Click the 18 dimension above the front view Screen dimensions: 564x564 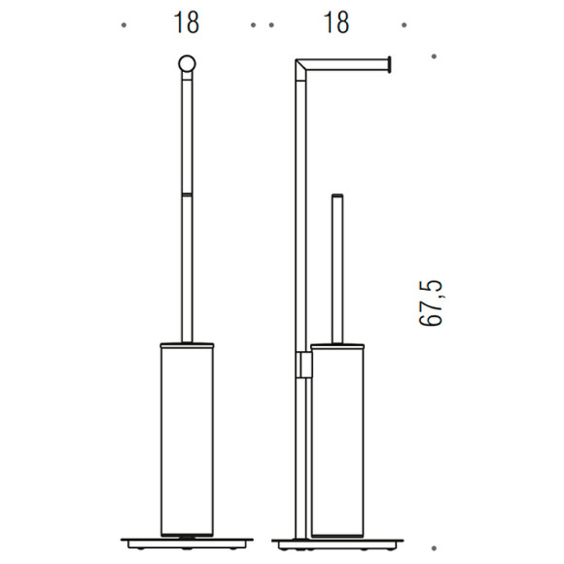coord(187,22)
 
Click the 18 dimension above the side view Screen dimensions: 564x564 coord(336,22)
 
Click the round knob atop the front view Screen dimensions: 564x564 coord(187,64)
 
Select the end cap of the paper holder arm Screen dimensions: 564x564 coord(389,64)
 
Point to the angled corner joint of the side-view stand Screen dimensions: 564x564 coord(300,70)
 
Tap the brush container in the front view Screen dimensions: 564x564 coord(187,441)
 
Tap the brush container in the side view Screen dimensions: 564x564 coord(337,441)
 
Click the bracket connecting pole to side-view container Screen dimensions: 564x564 coord(304,365)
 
